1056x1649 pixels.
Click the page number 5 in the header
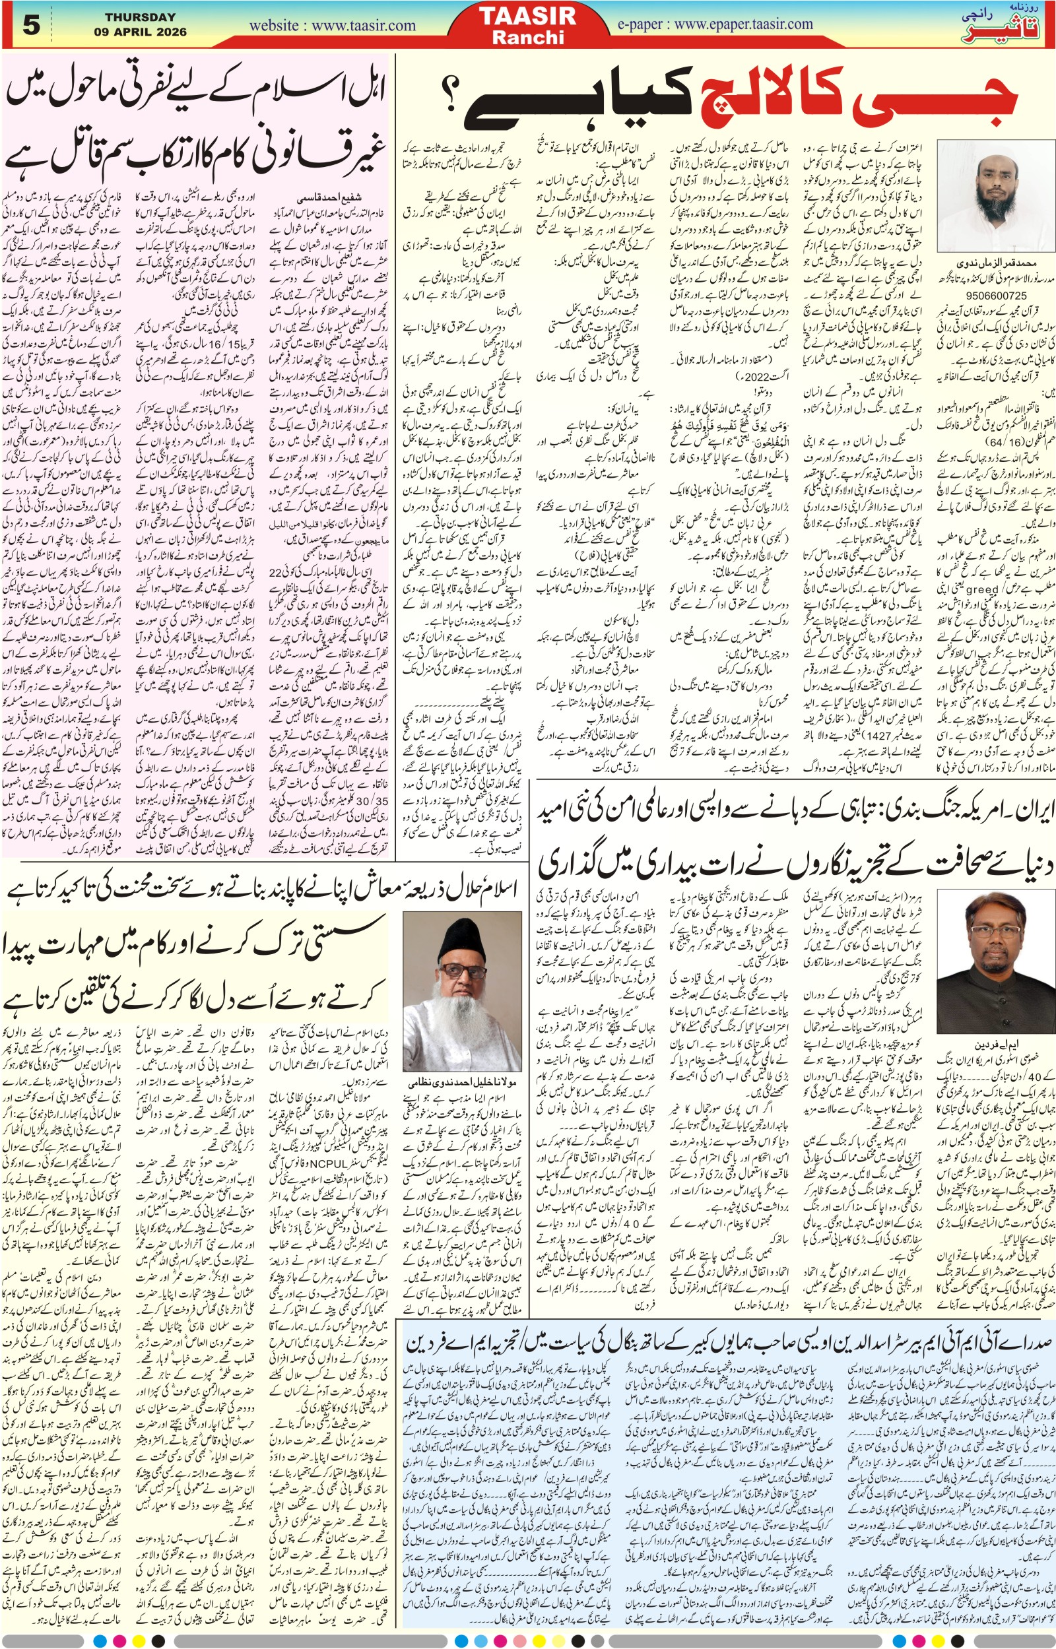point(32,25)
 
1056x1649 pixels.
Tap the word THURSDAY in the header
point(140,17)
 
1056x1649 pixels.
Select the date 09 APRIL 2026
point(140,32)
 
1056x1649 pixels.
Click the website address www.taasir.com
point(333,26)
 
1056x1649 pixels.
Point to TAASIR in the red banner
point(527,16)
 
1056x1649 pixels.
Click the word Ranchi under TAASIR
point(527,37)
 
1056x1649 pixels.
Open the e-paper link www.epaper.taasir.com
point(715,24)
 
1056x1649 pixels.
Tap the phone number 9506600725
point(997,296)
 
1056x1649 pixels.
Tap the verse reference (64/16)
point(990,442)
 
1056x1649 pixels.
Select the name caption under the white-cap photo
point(997,263)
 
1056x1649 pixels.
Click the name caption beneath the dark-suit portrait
point(997,1044)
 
